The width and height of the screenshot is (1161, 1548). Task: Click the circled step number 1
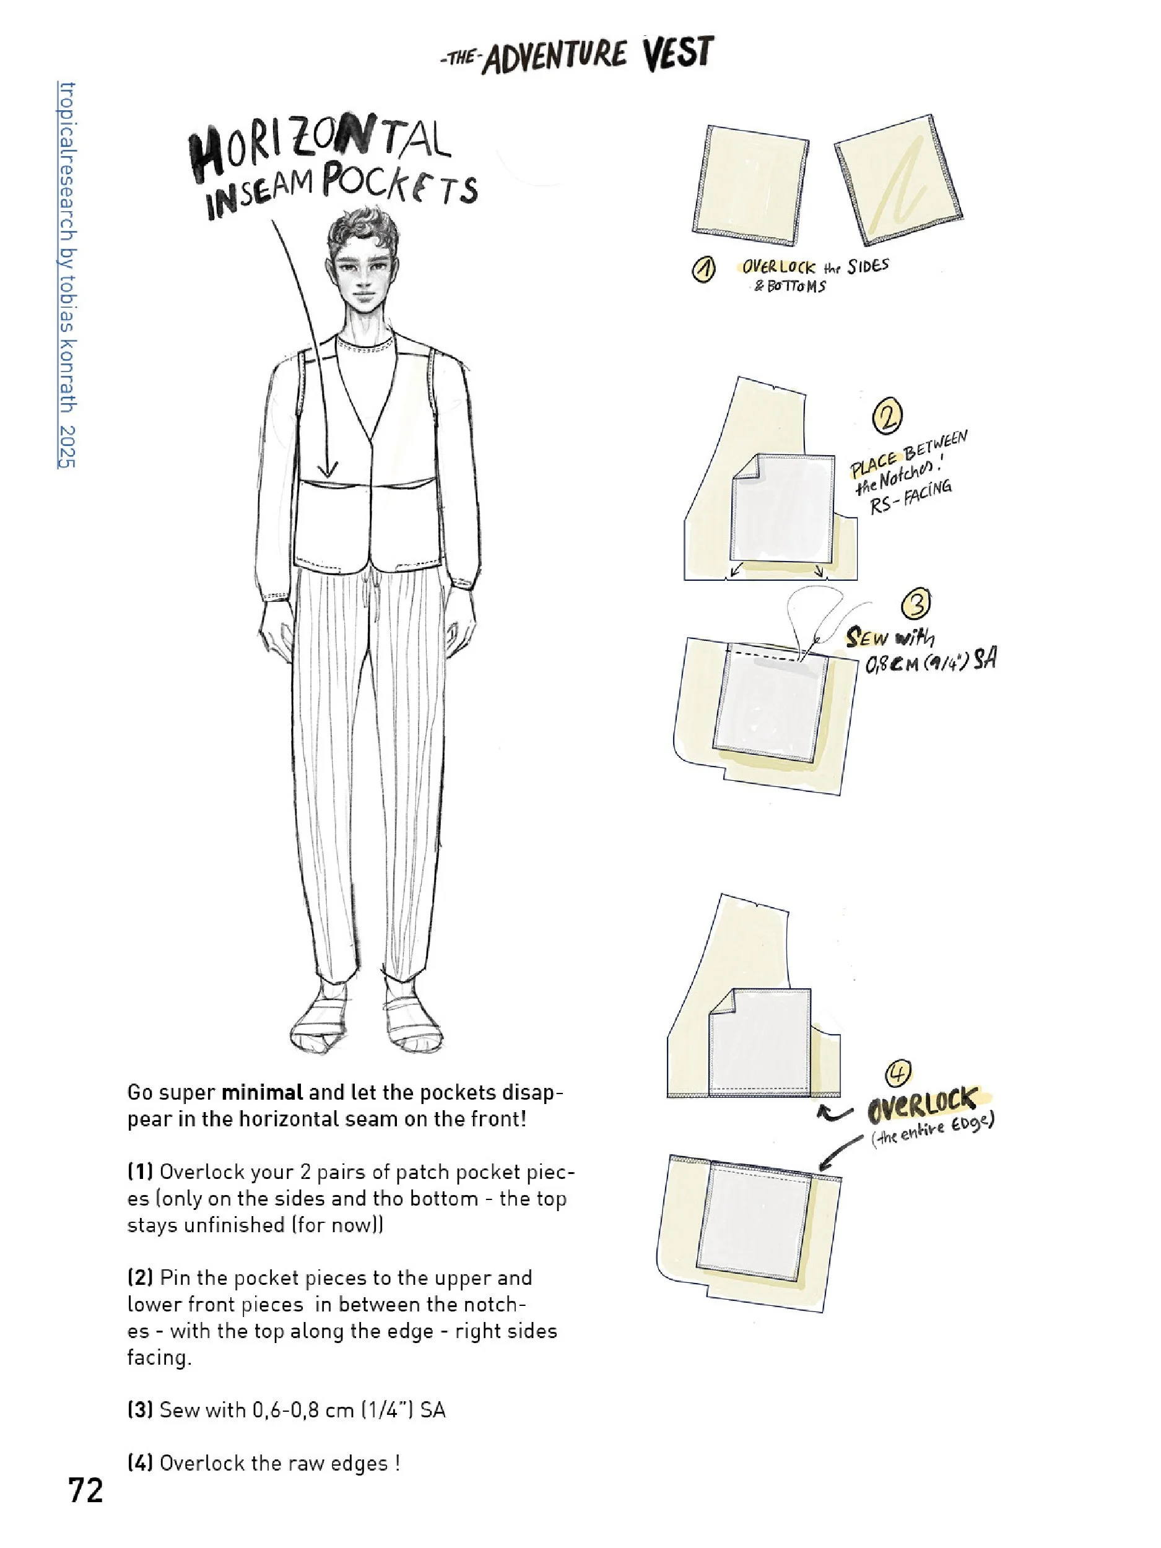[703, 269]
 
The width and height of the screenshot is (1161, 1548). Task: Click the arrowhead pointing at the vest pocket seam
[328, 469]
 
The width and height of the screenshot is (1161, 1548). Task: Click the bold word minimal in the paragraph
[262, 1092]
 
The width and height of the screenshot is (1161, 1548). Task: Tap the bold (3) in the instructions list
[140, 1409]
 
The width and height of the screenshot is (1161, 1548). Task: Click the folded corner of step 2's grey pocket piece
[745, 469]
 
